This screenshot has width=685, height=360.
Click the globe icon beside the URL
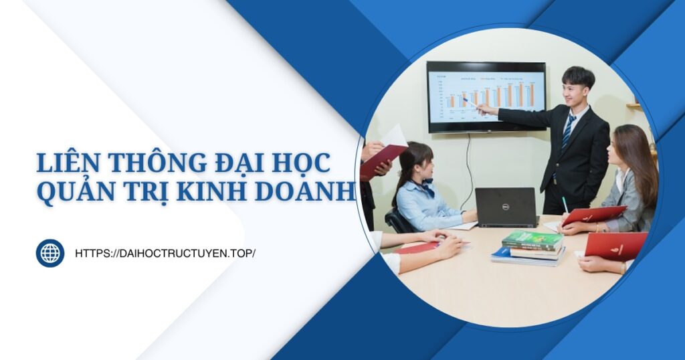[50, 254]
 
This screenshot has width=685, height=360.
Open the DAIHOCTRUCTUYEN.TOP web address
[165, 254]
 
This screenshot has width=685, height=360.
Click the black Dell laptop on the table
[506, 206]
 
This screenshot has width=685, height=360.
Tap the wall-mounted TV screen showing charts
[486, 96]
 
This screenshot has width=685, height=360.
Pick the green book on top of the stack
[532, 240]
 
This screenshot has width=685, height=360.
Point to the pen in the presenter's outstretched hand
[470, 103]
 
